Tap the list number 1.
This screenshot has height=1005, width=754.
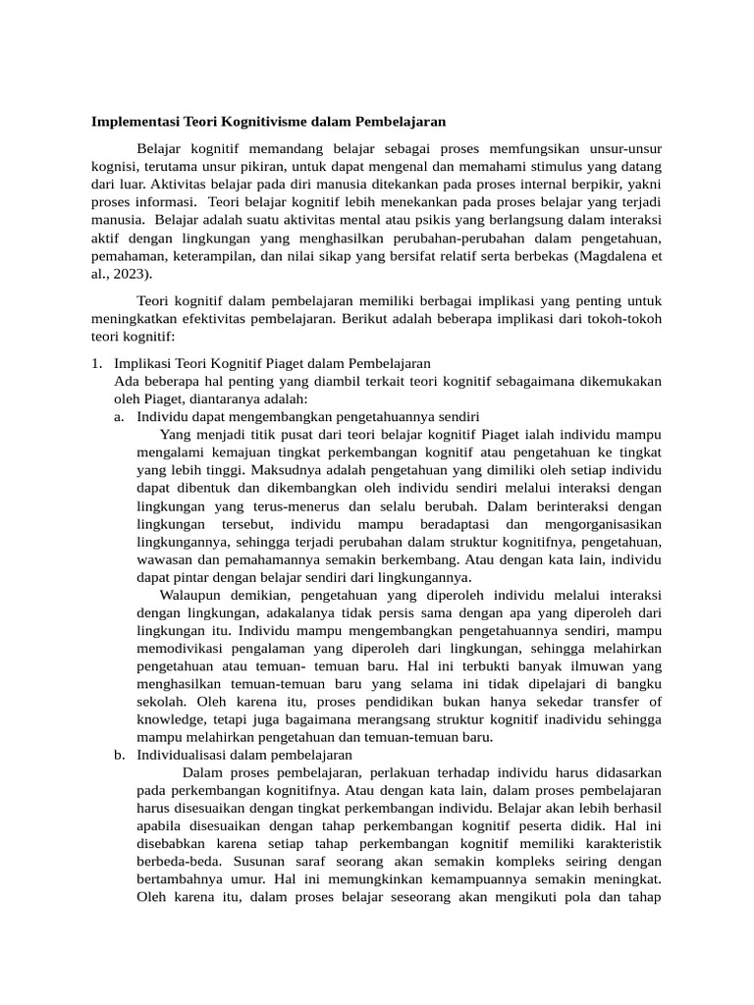pyautogui.click(x=96, y=363)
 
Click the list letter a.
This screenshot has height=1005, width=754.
pyautogui.click(x=119, y=416)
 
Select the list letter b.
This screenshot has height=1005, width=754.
pyautogui.click(x=119, y=755)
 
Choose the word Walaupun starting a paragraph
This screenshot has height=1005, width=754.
pyautogui.click(x=191, y=595)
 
